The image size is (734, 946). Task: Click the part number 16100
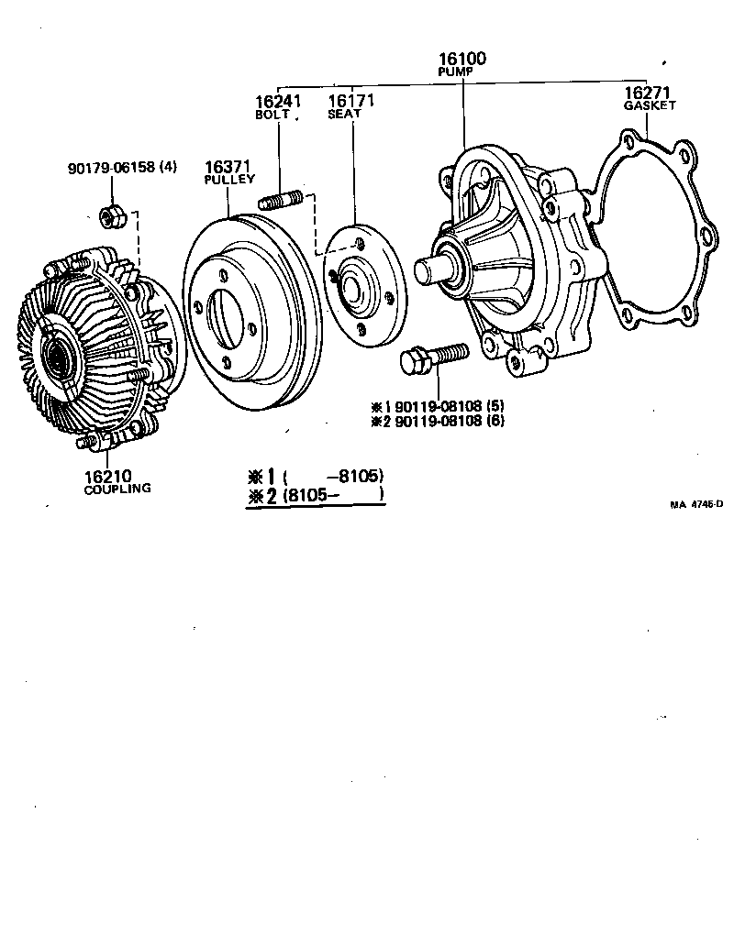click(x=462, y=59)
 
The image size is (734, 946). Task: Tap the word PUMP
click(x=462, y=71)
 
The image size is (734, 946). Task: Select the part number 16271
click(x=649, y=93)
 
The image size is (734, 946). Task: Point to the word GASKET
click(x=650, y=105)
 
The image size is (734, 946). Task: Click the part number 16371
click(x=228, y=167)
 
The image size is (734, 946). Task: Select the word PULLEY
click(x=229, y=180)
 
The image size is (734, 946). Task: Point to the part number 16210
click(x=108, y=476)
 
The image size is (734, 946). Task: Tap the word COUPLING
click(x=117, y=489)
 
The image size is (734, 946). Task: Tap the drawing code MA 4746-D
click(x=696, y=503)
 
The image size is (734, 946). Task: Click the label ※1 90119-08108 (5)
click(x=438, y=406)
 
